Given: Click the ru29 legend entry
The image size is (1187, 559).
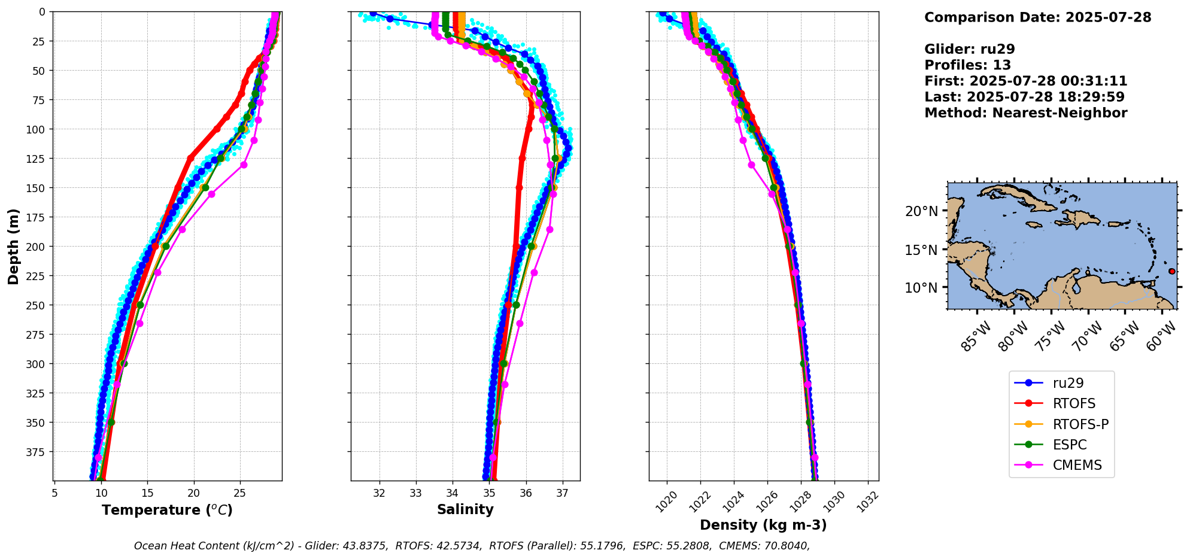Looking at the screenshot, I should [x=1068, y=383].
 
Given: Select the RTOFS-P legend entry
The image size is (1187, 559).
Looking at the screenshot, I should [x=1080, y=424].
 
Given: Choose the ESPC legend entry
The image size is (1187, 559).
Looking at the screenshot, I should [x=1069, y=445].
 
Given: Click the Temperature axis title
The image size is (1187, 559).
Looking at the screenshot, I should [x=167, y=511].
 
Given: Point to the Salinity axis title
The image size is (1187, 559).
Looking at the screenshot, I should [x=465, y=510].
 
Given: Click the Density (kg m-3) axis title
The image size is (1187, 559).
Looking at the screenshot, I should [x=763, y=525].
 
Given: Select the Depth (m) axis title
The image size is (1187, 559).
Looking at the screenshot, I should [x=14, y=246].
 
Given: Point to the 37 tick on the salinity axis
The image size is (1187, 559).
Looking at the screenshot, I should [x=562, y=494].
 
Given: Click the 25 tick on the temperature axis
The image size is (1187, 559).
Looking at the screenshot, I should [x=240, y=494].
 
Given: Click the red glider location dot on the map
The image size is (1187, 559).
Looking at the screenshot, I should [x=1171, y=271].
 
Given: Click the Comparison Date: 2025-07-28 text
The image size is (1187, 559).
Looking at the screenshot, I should [x=1037, y=17].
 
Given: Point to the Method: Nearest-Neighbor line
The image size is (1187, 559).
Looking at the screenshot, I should [x=1025, y=113].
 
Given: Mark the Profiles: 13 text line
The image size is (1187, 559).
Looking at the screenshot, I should [x=967, y=65].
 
